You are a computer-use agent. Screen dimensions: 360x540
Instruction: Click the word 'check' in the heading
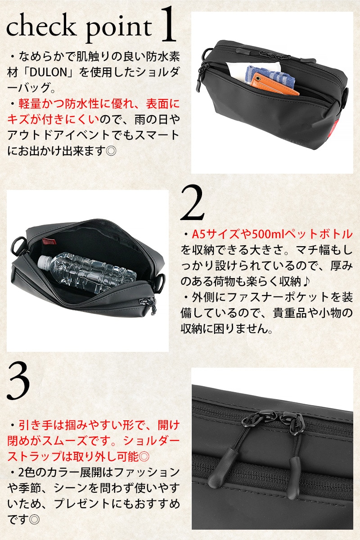pos(41,27)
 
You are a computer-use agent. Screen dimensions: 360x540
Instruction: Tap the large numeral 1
pos(167,24)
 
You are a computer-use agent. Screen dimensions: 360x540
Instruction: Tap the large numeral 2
pos(193,203)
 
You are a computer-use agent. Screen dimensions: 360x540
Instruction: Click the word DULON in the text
pos(48,72)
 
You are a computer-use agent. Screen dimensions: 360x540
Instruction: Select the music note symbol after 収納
pos(306,282)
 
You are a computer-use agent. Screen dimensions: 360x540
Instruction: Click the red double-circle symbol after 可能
pos(144,457)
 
